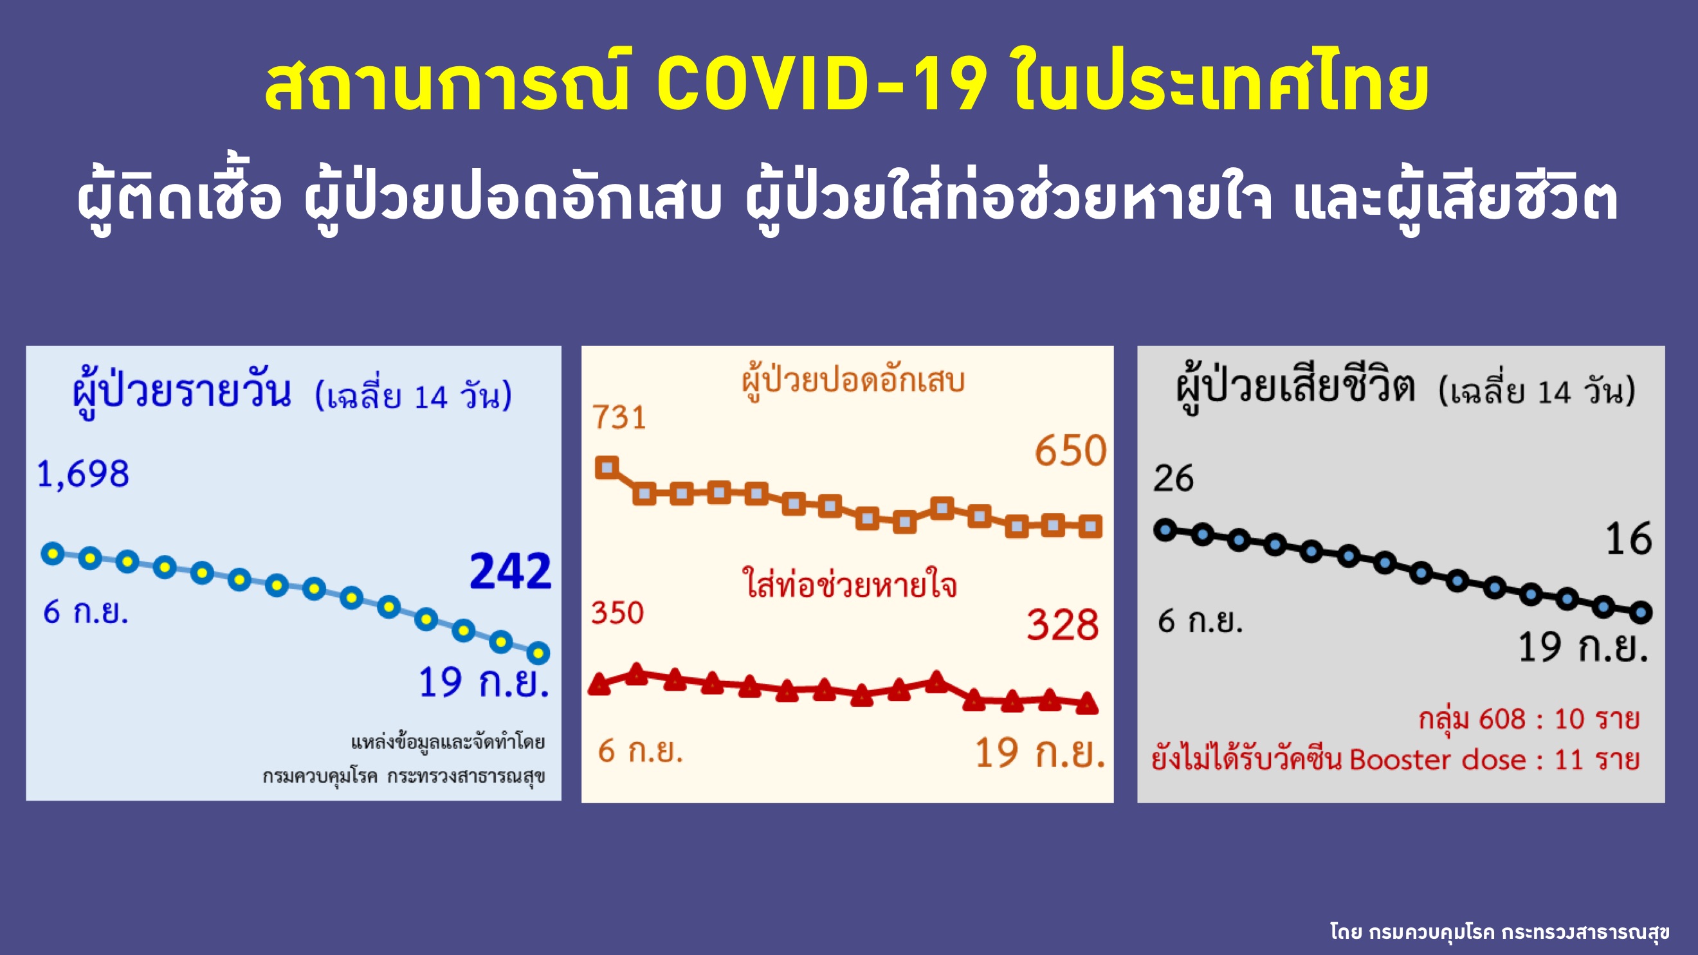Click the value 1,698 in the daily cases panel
point(83,475)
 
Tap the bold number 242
point(510,571)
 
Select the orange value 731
point(618,417)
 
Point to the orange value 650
point(1070,451)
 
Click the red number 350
point(617,612)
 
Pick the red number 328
point(1063,625)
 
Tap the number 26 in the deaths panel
point(1173,478)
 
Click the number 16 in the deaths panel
point(1628,538)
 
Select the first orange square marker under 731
point(607,468)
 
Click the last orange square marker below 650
point(1090,526)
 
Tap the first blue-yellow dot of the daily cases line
point(53,554)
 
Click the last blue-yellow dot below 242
point(538,653)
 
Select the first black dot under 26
point(1165,530)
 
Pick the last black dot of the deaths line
point(1641,612)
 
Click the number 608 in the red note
point(1503,719)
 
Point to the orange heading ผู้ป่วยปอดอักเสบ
point(853,381)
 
